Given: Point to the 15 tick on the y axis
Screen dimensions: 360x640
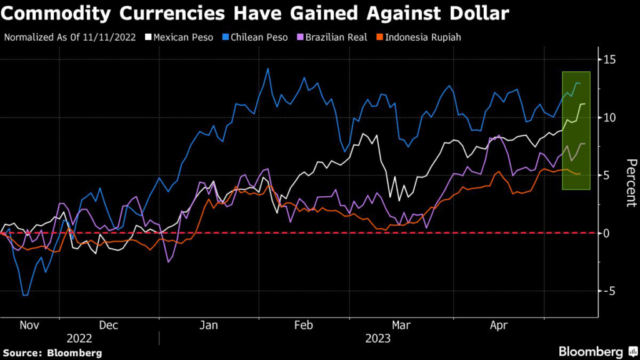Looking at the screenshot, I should click(x=609, y=59).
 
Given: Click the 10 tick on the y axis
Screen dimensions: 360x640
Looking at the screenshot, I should click(x=609, y=117).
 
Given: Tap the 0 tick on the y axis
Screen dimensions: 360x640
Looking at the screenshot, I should click(x=606, y=233).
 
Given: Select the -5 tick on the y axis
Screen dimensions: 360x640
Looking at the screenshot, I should click(x=608, y=291).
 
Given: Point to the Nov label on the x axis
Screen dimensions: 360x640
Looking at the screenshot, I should click(x=30, y=325).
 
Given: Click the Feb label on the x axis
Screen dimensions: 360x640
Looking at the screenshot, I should click(x=303, y=325).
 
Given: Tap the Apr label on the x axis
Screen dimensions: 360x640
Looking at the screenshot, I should click(x=498, y=325).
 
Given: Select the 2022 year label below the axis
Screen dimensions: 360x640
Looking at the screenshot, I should click(x=79, y=338).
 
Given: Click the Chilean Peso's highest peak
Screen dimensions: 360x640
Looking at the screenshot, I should click(x=268, y=69).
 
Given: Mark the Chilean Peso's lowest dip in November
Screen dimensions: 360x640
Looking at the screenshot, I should click(x=24, y=294).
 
